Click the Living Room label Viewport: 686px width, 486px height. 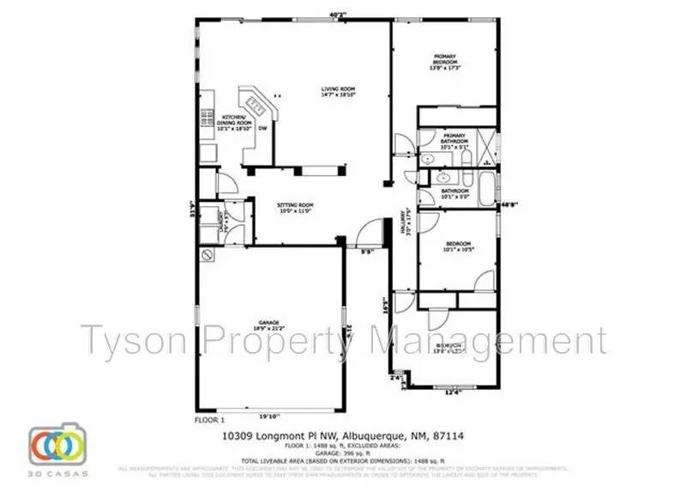(x=338, y=92)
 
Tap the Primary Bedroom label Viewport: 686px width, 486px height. (x=444, y=61)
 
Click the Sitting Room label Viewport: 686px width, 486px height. (x=295, y=208)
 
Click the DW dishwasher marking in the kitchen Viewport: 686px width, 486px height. (x=263, y=128)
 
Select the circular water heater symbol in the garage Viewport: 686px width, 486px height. (x=207, y=255)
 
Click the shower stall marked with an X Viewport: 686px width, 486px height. (x=484, y=142)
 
